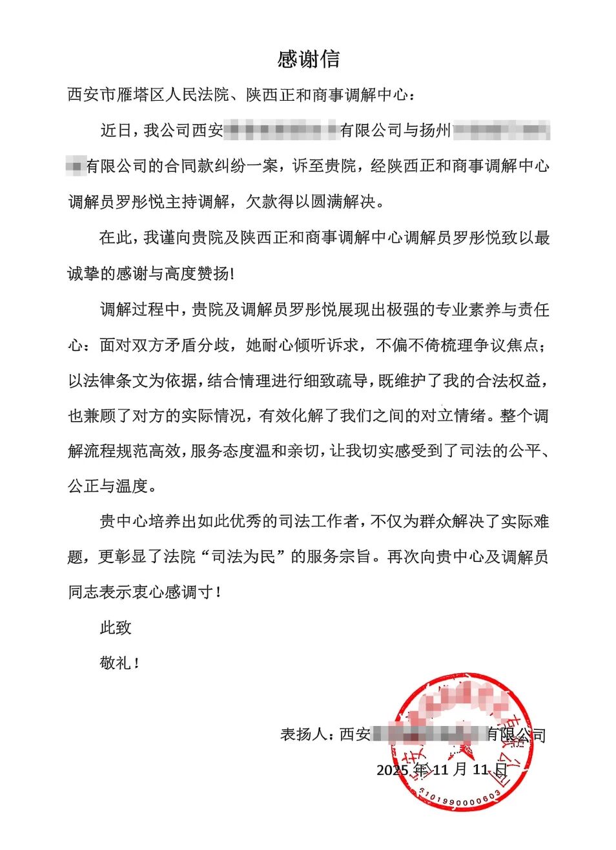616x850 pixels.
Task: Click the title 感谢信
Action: [x=308, y=59]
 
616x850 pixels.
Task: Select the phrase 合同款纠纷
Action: [x=204, y=166]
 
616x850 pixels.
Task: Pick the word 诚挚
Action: [x=83, y=273]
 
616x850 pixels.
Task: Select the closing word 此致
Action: [x=116, y=627]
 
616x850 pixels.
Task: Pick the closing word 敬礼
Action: [x=116, y=663]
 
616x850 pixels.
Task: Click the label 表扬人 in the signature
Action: [x=303, y=734]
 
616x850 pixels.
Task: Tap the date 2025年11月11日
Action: [x=442, y=770]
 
